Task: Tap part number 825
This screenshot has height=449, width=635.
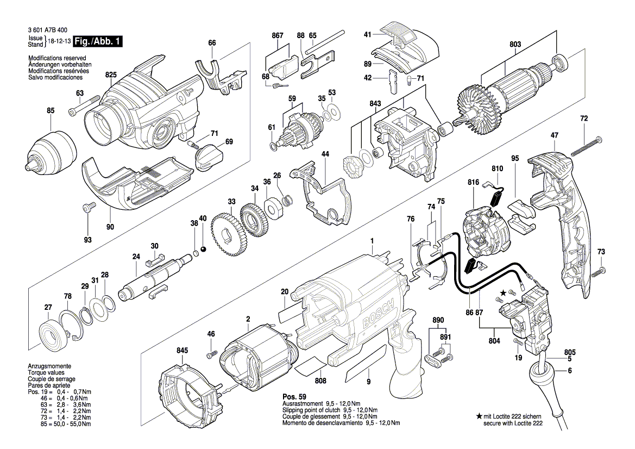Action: coord(111,74)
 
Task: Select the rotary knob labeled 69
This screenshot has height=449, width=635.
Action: coord(208,155)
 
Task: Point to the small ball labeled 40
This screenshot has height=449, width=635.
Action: coord(203,248)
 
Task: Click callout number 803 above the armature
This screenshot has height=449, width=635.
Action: coord(515,45)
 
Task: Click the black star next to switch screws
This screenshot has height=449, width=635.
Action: coord(503,293)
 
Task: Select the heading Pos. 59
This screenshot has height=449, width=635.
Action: coord(294,397)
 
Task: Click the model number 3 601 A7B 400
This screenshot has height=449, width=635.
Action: coord(47,33)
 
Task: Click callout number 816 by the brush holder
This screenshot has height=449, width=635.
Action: coord(473,183)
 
